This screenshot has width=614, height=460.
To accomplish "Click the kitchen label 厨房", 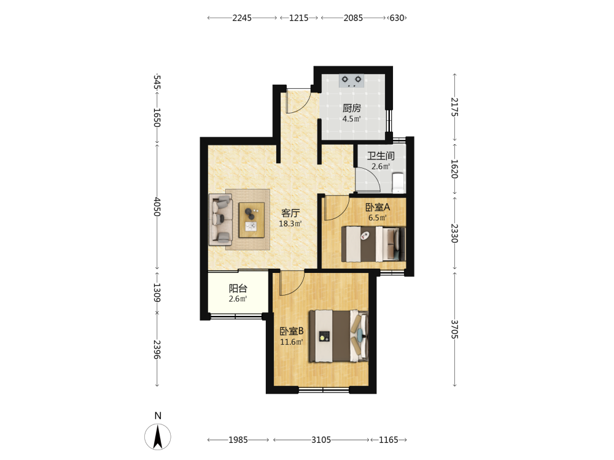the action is [351, 107].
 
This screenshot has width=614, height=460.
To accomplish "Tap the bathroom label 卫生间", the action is [380, 156].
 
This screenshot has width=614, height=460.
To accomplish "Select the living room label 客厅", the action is [290, 213].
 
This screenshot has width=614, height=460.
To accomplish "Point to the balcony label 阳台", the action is [238, 288].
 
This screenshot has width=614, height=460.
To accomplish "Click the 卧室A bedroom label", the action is [378, 207].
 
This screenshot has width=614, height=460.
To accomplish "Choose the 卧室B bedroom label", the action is [291, 331].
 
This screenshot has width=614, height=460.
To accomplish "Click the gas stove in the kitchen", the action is [351, 80].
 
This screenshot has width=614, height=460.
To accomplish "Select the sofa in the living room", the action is [221, 220].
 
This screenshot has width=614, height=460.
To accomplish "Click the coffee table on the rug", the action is [252, 220].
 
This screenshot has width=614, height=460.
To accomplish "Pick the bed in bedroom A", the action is [373, 244].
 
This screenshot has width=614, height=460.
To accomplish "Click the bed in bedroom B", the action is [339, 336].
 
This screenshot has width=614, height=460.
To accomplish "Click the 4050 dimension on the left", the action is [157, 207].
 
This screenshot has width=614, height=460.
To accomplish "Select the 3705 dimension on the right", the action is [454, 329].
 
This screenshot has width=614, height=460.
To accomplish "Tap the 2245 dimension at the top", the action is [242, 18].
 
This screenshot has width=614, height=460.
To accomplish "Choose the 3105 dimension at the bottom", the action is [321, 440].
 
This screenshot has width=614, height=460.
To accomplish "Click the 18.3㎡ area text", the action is [290, 224].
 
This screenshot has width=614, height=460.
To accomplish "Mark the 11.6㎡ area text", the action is [291, 342].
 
